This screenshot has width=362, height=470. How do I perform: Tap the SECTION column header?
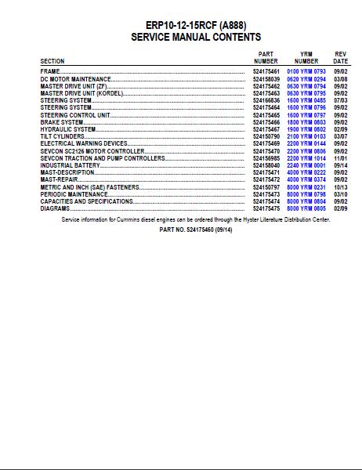click(x=52, y=61)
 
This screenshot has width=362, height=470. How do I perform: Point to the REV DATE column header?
click(x=341, y=57)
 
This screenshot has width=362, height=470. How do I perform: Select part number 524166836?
click(x=266, y=101)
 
